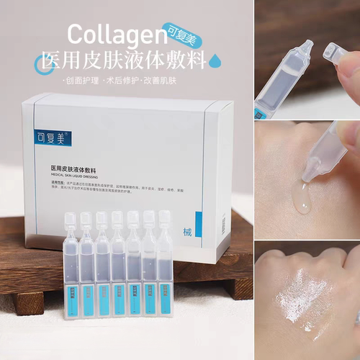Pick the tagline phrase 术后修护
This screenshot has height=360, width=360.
coord(127,78)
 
